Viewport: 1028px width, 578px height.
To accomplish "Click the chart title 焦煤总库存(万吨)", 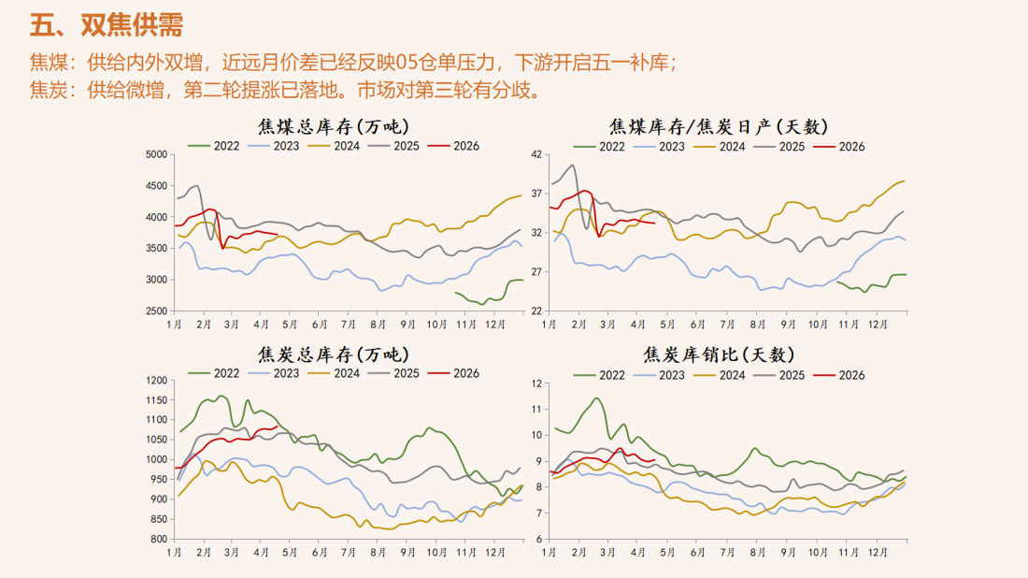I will tap(334, 126).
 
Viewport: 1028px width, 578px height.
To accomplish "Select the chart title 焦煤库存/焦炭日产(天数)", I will tap(719, 126).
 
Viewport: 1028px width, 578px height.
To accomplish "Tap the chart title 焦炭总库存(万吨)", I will tap(334, 354).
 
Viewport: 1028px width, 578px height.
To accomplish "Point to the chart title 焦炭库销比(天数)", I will tap(719, 354).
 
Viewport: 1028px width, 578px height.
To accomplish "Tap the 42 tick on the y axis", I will tap(536, 155).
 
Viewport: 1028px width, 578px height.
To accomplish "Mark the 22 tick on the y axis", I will tap(536, 311).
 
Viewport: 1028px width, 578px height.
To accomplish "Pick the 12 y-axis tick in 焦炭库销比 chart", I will tap(536, 383).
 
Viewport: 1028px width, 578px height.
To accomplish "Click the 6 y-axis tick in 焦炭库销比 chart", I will tap(538, 540).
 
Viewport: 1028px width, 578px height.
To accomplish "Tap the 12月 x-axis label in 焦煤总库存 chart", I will tap(493, 324).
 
